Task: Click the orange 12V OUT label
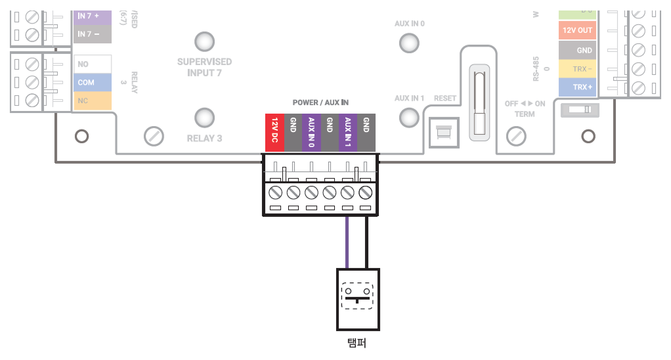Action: pyautogui.click(x=577, y=30)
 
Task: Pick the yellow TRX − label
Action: pyautogui.click(x=577, y=68)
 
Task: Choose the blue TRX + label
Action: pyautogui.click(x=577, y=87)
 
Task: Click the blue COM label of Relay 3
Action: pyautogui.click(x=91, y=83)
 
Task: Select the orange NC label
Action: pyautogui.click(x=91, y=101)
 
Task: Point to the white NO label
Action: pyautogui.click(x=91, y=64)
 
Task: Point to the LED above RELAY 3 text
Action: pyautogui.click(x=204, y=118)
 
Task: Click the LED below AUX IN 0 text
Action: pyautogui.click(x=409, y=43)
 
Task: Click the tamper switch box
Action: pyautogui.click(x=357, y=299)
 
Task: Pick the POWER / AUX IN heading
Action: pyautogui.click(x=320, y=103)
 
